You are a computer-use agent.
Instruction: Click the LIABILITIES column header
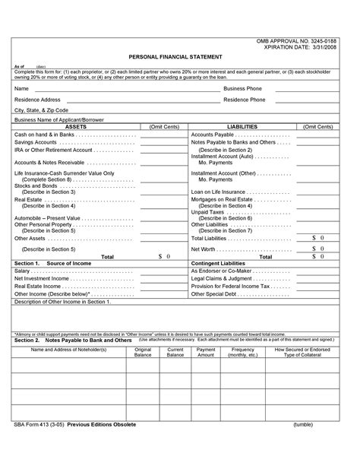(242, 126)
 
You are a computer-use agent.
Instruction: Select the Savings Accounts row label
(35, 142)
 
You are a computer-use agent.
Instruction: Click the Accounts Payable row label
(216, 134)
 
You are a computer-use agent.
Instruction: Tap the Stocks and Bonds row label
(36, 185)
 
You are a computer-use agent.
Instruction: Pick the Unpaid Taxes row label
(207, 212)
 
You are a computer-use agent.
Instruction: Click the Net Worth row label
(204, 249)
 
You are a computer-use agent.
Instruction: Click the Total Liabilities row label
(215, 238)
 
